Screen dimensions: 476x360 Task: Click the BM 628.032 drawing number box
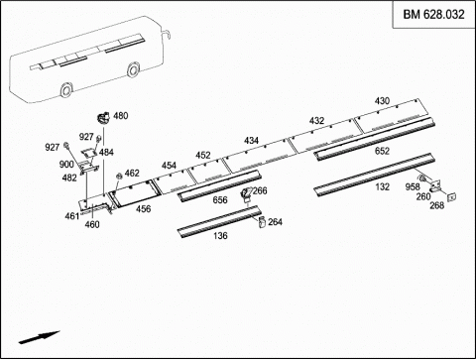click(433, 15)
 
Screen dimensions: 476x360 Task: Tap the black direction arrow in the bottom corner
click(39, 337)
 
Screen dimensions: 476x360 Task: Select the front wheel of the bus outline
click(133, 69)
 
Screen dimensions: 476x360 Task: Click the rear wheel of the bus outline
click(65, 89)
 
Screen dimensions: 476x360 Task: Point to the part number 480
click(121, 116)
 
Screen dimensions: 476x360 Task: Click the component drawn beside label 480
click(103, 117)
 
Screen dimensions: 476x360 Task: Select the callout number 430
click(382, 101)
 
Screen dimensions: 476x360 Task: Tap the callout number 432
click(316, 121)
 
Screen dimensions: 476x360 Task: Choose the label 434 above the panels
click(251, 141)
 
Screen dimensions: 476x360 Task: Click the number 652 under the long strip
click(382, 151)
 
